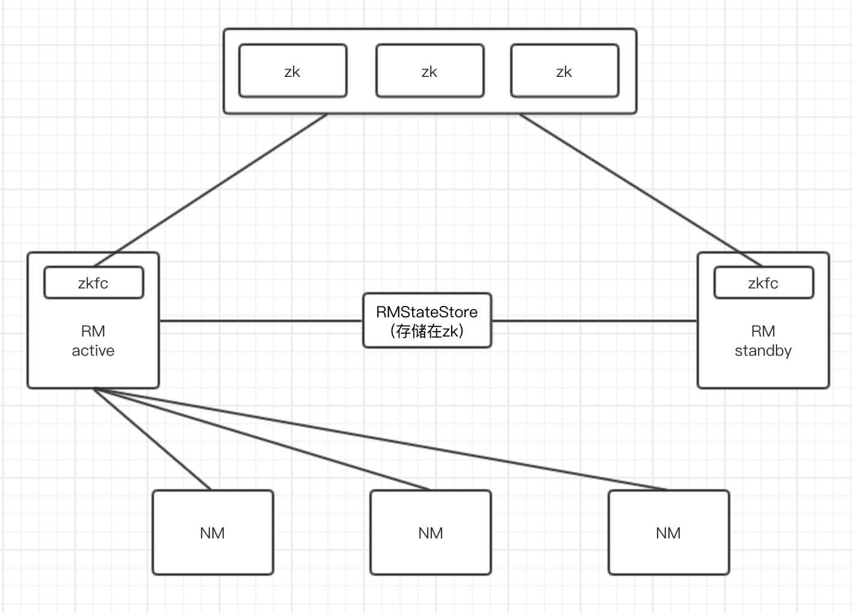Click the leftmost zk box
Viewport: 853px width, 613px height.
click(x=292, y=71)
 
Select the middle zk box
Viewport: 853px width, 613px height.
click(x=430, y=71)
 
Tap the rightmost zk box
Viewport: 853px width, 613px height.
click(x=564, y=71)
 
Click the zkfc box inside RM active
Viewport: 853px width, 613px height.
click(x=93, y=282)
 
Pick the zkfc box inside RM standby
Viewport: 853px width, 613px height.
click(x=763, y=282)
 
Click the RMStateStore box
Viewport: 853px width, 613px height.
click(x=426, y=320)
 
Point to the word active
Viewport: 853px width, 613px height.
click(x=93, y=351)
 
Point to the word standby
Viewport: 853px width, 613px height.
click(x=763, y=351)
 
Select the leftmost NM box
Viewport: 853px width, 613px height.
click(x=212, y=532)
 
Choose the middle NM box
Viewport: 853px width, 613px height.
click(x=430, y=532)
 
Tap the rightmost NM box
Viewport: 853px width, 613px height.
click(x=668, y=532)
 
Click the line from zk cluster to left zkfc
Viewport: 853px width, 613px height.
click(x=211, y=190)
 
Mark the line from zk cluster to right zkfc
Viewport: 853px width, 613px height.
click(x=641, y=190)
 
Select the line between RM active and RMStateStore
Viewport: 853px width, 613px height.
click(x=260, y=321)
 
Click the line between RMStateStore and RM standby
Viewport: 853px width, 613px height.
click(x=594, y=321)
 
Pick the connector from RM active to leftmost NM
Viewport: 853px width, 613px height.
click(x=153, y=439)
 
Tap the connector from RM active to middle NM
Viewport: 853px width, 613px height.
click(x=262, y=439)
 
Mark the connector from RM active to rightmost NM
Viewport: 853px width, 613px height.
click(x=380, y=439)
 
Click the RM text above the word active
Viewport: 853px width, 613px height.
click(x=93, y=331)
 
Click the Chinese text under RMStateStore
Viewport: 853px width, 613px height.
click(x=426, y=331)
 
